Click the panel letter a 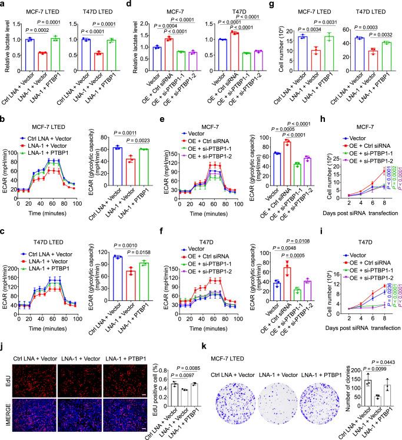[4, 5]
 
